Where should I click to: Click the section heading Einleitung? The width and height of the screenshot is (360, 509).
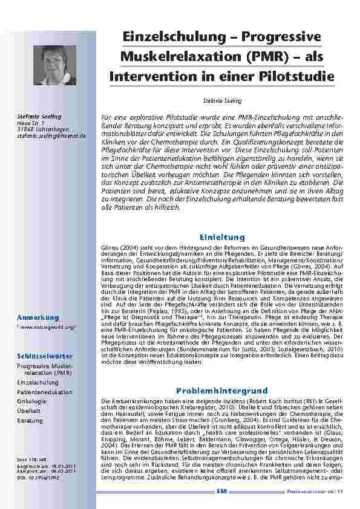point(221,237)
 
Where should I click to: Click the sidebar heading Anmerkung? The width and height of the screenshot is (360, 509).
point(38,317)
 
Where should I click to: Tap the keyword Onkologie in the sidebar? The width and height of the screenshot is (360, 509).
point(31,401)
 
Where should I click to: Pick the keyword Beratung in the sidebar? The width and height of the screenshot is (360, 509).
point(30,420)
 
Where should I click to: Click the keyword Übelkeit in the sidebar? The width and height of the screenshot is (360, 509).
point(29,410)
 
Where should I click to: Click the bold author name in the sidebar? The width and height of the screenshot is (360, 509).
point(39,116)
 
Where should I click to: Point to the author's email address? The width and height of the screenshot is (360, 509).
point(51,135)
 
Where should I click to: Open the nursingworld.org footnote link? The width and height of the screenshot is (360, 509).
point(48,327)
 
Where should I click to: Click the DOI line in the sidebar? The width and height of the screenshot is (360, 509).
point(38,478)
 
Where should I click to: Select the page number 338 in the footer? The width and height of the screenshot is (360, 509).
point(221,493)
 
